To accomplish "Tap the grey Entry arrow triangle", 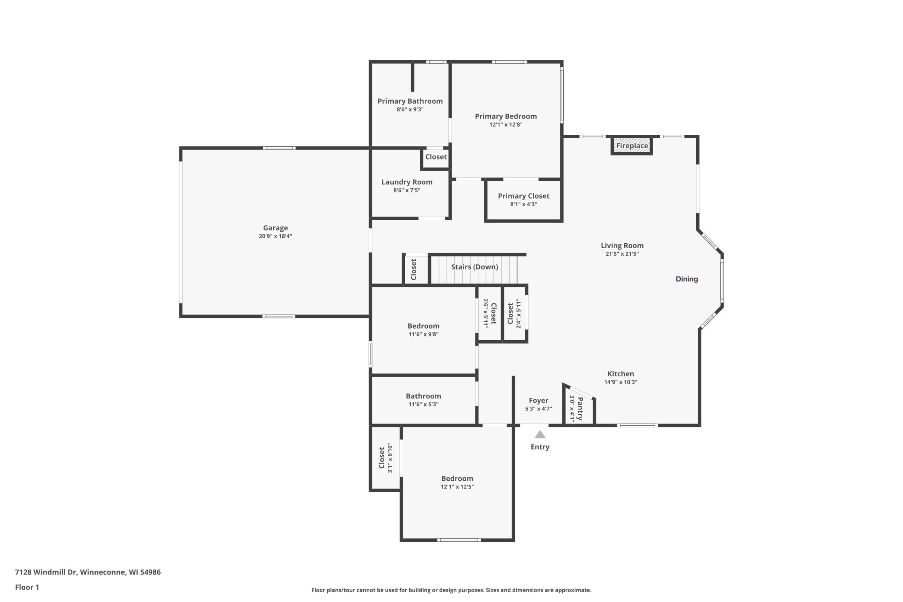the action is pyautogui.click(x=540, y=434).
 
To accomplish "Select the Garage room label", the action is pyautogui.click(x=275, y=228).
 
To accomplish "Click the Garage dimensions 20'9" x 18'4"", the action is pyautogui.click(x=275, y=236).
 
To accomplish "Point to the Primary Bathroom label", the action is pyautogui.click(x=410, y=101).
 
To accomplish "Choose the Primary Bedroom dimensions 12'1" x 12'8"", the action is pyautogui.click(x=505, y=124).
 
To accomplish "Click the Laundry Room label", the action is pyautogui.click(x=407, y=182).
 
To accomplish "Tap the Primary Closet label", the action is pyautogui.click(x=524, y=196).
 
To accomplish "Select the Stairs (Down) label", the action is pyautogui.click(x=474, y=267).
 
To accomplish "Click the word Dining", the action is pyautogui.click(x=687, y=279).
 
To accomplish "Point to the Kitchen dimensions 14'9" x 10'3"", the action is pyautogui.click(x=621, y=382).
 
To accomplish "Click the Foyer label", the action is pyautogui.click(x=539, y=400).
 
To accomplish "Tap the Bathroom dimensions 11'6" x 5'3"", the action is pyautogui.click(x=424, y=404).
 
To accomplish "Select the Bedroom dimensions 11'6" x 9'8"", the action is pyautogui.click(x=424, y=334).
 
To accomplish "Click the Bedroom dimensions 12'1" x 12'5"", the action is pyautogui.click(x=457, y=487).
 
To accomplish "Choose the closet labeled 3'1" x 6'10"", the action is pyautogui.click(x=386, y=458).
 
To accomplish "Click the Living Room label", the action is pyautogui.click(x=622, y=246).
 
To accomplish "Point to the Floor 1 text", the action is pyautogui.click(x=27, y=587).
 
